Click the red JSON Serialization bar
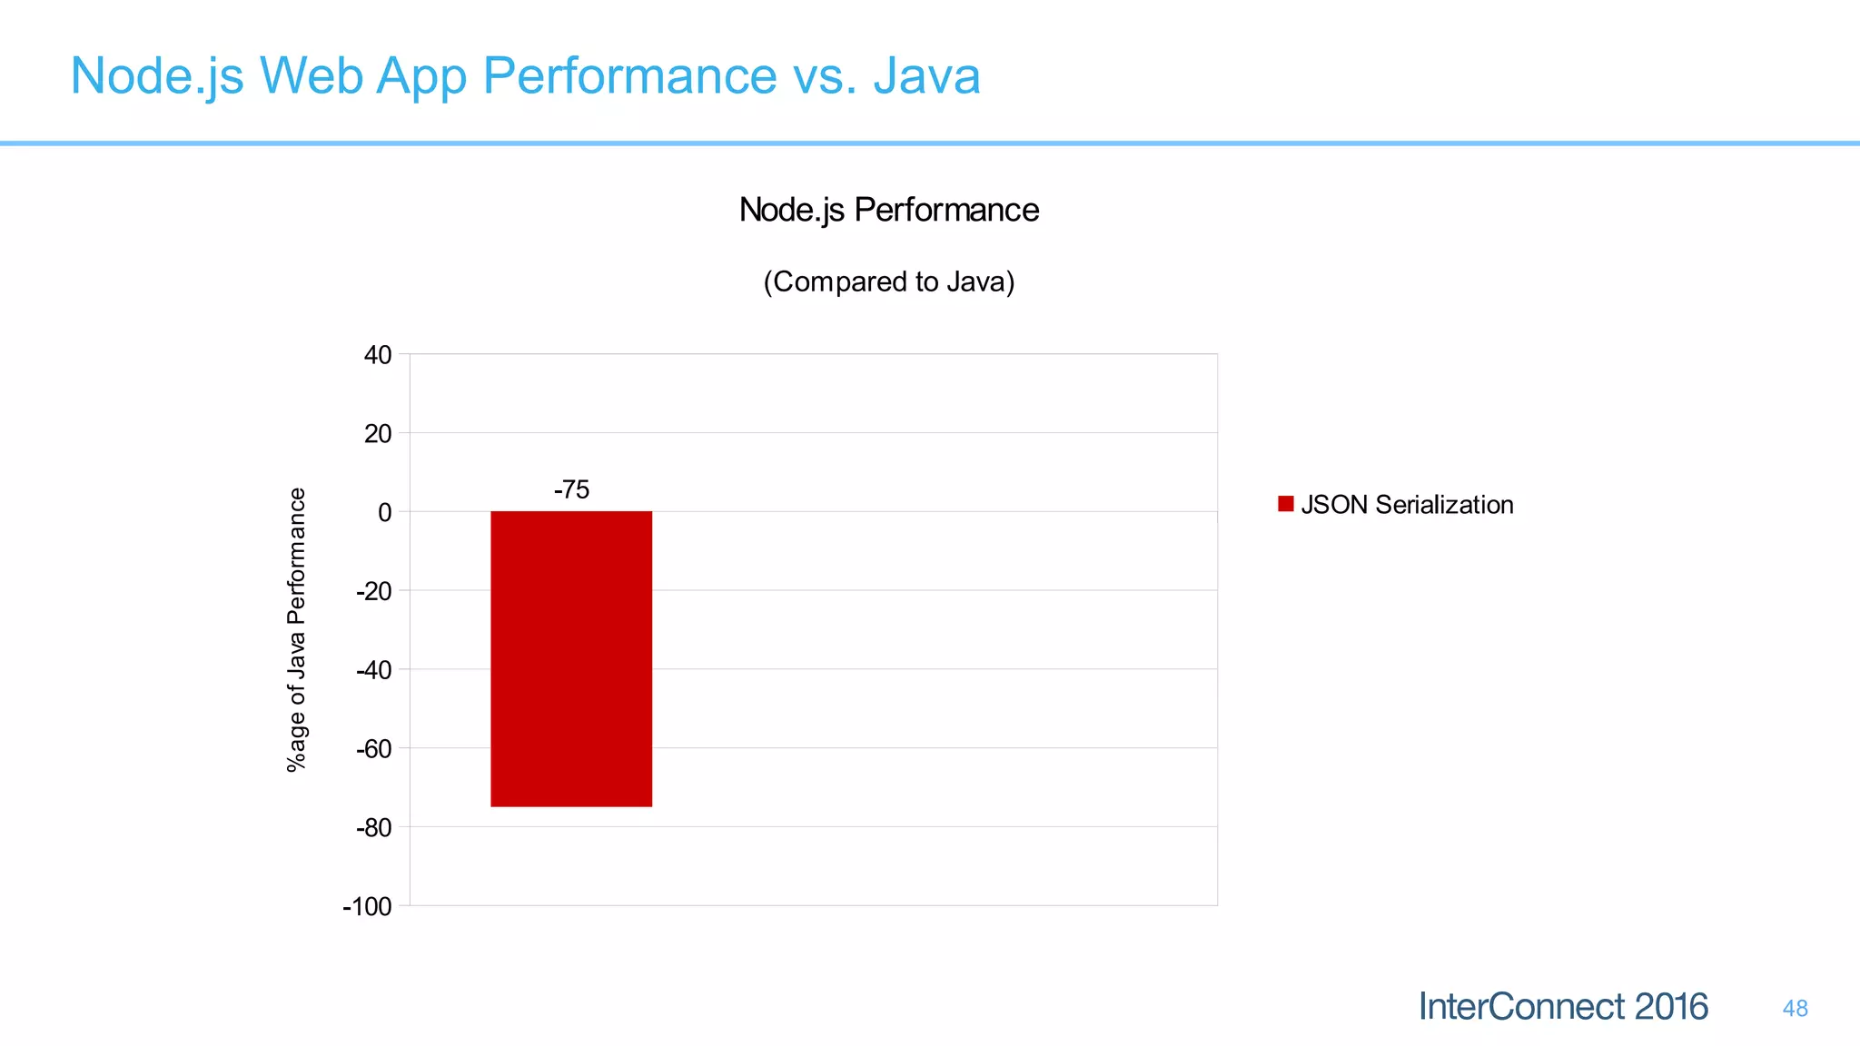pos(571,658)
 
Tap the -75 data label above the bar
pos(571,490)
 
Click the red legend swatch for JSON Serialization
pos(1285,504)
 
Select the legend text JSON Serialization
pos(1407,505)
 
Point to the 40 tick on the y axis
pos(378,355)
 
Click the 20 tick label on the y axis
pos(378,434)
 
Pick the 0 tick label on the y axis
pos(385,513)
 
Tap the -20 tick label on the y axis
pos(373,592)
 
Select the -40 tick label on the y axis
pos(373,671)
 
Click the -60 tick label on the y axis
pos(373,750)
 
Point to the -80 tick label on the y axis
pos(373,828)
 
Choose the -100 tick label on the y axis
pos(367,907)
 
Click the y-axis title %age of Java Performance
pos(297,630)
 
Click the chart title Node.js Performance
pos(888,210)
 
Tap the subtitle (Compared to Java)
pos(888,281)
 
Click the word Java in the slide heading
pos(926,75)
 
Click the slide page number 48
pos(1795,1009)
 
